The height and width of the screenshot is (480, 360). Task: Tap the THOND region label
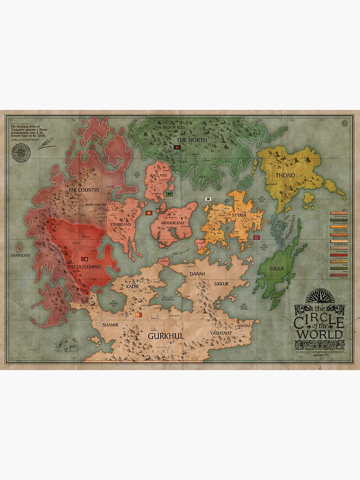coord(285,175)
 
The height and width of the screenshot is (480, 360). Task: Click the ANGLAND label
coord(158,176)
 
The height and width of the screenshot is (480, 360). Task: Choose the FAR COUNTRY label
coord(84,190)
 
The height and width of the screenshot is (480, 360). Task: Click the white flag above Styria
coord(208,199)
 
